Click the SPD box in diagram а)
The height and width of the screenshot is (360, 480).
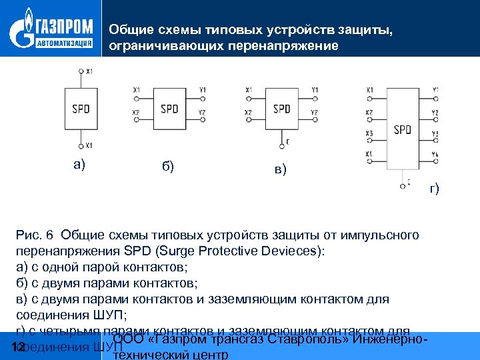(x=81, y=108)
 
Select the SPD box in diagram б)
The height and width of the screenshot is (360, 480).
(x=169, y=108)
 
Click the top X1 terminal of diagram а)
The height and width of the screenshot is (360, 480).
(x=81, y=71)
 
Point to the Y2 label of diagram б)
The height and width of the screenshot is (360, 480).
(x=203, y=112)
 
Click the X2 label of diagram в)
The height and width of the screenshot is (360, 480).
(x=249, y=112)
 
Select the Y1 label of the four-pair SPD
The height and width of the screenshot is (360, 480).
(x=435, y=90)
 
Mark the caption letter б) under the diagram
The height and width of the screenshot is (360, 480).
(x=168, y=166)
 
